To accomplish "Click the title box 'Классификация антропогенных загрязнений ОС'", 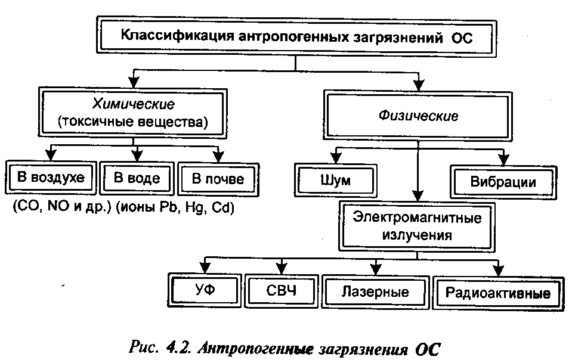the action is pyautogui.click(x=296, y=37).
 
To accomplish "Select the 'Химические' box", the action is pyautogui.click(x=133, y=113).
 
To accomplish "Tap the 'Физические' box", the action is pyautogui.click(x=418, y=116).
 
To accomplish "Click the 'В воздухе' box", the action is pyautogui.click(x=51, y=178).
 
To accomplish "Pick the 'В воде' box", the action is pyautogui.click(x=137, y=178).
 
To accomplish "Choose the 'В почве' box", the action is pyautogui.click(x=218, y=179).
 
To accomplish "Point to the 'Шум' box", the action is pyautogui.click(x=336, y=181).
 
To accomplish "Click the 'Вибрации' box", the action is pyautogui.click(x=503, y=182).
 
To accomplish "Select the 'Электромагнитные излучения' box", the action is pyautogui.click(x=417, y=226).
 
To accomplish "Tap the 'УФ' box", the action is pyautogui.click(x=205, y=290).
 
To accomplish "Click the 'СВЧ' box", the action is pyautogui.click(x=282, y=291).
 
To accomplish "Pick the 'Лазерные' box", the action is pyautogui.click(x=375, y=292).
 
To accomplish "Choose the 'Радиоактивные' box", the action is pyautogui.click(x=498, y=293).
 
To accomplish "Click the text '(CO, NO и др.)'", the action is pyautogui.click(x=61, y=207).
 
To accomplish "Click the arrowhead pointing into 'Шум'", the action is pyautogui.click(x=336, y=158).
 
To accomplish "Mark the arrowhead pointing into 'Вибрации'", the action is pyautogui.click(x=503, y=160).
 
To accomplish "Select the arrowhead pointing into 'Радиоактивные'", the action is pyautogui.click(x=498, y=271).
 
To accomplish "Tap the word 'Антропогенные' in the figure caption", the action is pyautogui.click(x=255, y=349).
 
